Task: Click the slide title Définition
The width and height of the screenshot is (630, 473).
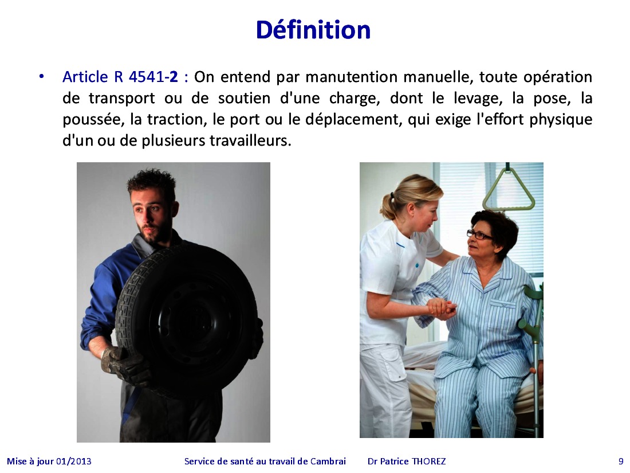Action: [x=313, y=30]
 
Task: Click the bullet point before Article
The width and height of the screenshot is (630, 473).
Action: [x=41, y=76]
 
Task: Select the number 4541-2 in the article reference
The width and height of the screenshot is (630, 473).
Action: [x=153, y=77]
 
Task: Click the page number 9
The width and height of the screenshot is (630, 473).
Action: [x=621, y=462]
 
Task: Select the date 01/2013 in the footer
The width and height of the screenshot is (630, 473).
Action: [x=74, y=462]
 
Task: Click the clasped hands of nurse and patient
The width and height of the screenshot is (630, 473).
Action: [x=442, y=308]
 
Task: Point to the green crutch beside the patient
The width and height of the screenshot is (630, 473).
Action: [x=534, y=342]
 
